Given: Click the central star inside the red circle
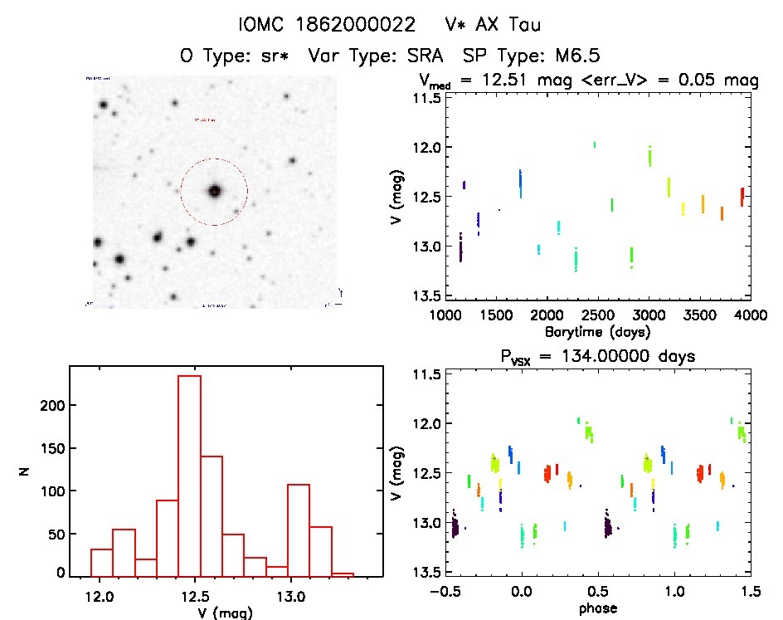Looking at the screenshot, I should click(x=214, y=191).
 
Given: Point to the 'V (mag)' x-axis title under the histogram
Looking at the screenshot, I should click(x=226, y=613).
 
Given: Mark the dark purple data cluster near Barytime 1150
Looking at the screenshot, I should click(x=461, y=247).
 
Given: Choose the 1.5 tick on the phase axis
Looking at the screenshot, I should click(x=750, y=592).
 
